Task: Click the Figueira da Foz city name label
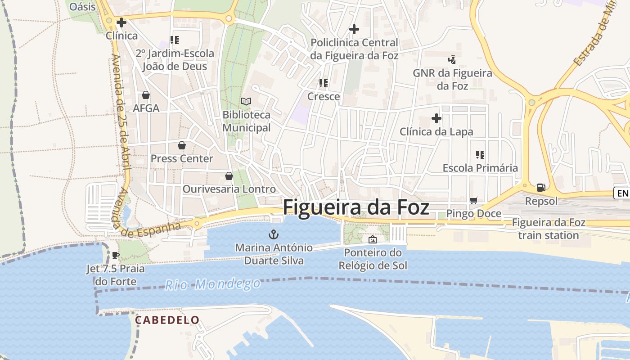click(x=355, y=208)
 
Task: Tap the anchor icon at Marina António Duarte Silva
click(x=273, y=234)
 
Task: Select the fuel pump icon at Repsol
click(x=541, y=187)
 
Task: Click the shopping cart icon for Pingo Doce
click(x=473, y=200)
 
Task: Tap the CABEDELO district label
click(x=167, y=320)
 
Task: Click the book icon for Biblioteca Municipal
click(x=246, y=101)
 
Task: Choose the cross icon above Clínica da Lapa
click(x=436, y=118)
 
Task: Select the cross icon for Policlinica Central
click(x=354, y=29)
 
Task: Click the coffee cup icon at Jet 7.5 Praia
click(x=116, y=256)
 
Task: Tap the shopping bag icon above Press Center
click(x=181, y=145)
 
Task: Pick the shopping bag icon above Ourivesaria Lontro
click(x=229, y=175)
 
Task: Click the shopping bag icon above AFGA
click(x=146, y=95)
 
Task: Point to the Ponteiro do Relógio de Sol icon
click(x=372, y=239)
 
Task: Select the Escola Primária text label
click(x=480, y=168)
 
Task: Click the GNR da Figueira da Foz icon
click(x=452, y=59)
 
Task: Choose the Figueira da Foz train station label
click(x=548, y=229)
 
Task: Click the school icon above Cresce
click(x=323, y=83)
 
